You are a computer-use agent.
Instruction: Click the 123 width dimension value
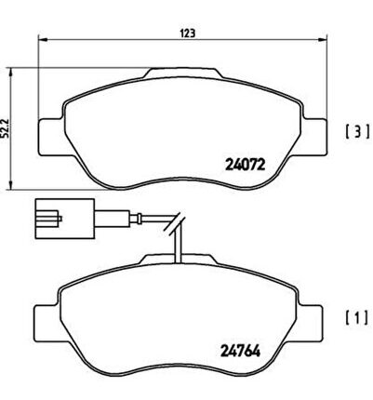pyautogui.click(x=188, y=33)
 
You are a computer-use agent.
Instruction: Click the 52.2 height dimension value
pyautogui.click(x=5, y=127)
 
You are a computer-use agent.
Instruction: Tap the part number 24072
pyautogui.click(x=245, y=165)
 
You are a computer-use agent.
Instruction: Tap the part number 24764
pyautogui.click(x=240, y=351)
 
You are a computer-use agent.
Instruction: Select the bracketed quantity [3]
pyautogui.click(x=357, y=131)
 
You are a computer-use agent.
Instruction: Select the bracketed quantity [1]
pyautogui.click(x=357, y=317)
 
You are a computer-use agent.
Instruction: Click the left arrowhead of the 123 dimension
pyautogui.click(x=42, y=39)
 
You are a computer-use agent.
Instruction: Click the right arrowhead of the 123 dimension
pyautogui.click(x=323, y=39)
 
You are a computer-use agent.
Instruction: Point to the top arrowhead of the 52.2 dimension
pyautogui.click(x=11, y=73)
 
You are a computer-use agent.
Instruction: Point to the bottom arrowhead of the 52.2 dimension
pyautogui.click(x=11, y=185)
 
